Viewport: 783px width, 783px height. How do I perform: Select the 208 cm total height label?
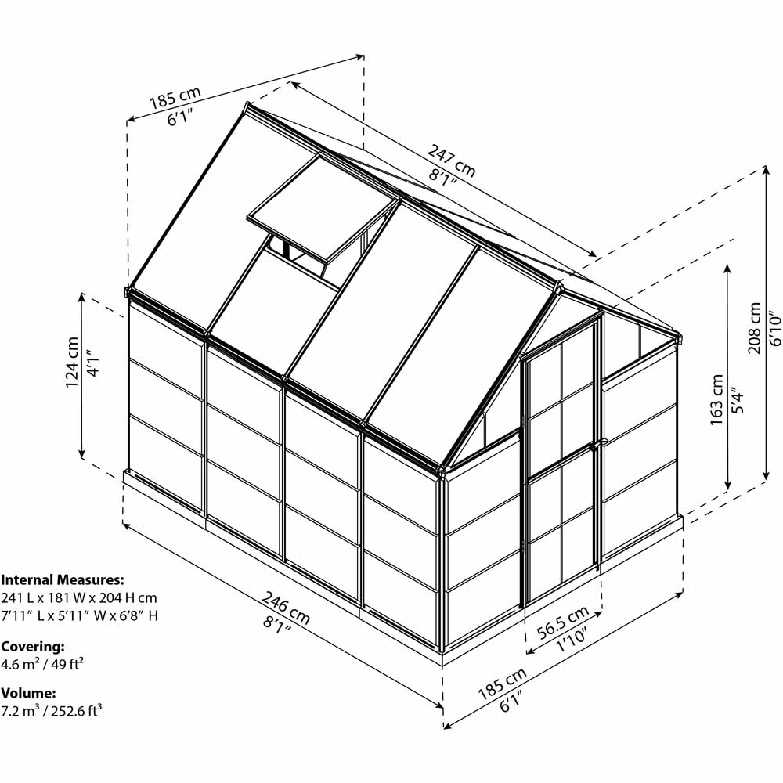coord(755,327)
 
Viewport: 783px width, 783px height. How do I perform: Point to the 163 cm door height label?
coord(717,399)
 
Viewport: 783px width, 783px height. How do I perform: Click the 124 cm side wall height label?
coord(72,362)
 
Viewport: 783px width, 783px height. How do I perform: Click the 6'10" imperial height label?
coord(774,328)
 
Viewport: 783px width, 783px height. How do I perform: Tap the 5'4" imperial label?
coord(738,399)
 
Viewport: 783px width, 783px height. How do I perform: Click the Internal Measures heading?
coord(63,579)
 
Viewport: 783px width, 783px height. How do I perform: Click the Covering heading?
coord(33,647)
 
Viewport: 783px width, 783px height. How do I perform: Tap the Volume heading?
coord(28,693)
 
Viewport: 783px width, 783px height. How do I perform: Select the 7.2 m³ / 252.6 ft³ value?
coord(52,711)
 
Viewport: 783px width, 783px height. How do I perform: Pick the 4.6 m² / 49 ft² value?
coord(42,664)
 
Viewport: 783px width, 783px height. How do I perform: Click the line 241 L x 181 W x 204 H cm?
coord(79,597)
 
